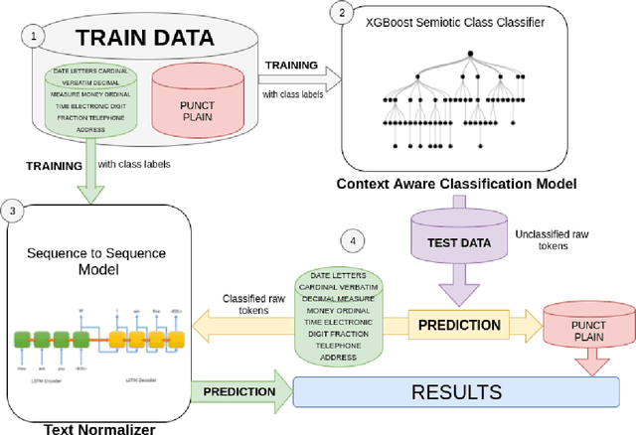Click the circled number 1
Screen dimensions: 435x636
point(37,36)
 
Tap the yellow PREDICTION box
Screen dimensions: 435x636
point(458,324)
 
